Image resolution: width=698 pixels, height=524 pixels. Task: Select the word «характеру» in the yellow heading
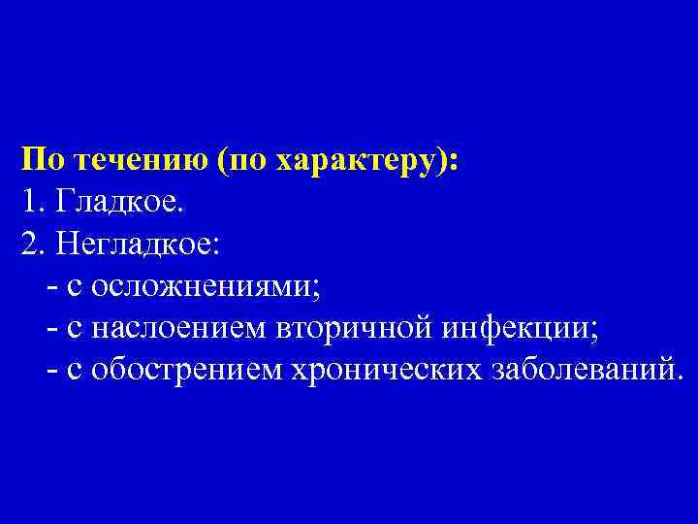coord(359,161)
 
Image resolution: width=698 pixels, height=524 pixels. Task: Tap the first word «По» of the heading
coord(42,160)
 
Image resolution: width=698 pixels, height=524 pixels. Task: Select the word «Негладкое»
coord(140,245)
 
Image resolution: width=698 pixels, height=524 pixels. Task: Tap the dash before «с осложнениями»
coord(50,288)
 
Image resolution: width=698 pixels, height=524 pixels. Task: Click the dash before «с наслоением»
coord(50,330)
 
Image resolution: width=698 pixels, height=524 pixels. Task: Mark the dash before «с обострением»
coord(50,372)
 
